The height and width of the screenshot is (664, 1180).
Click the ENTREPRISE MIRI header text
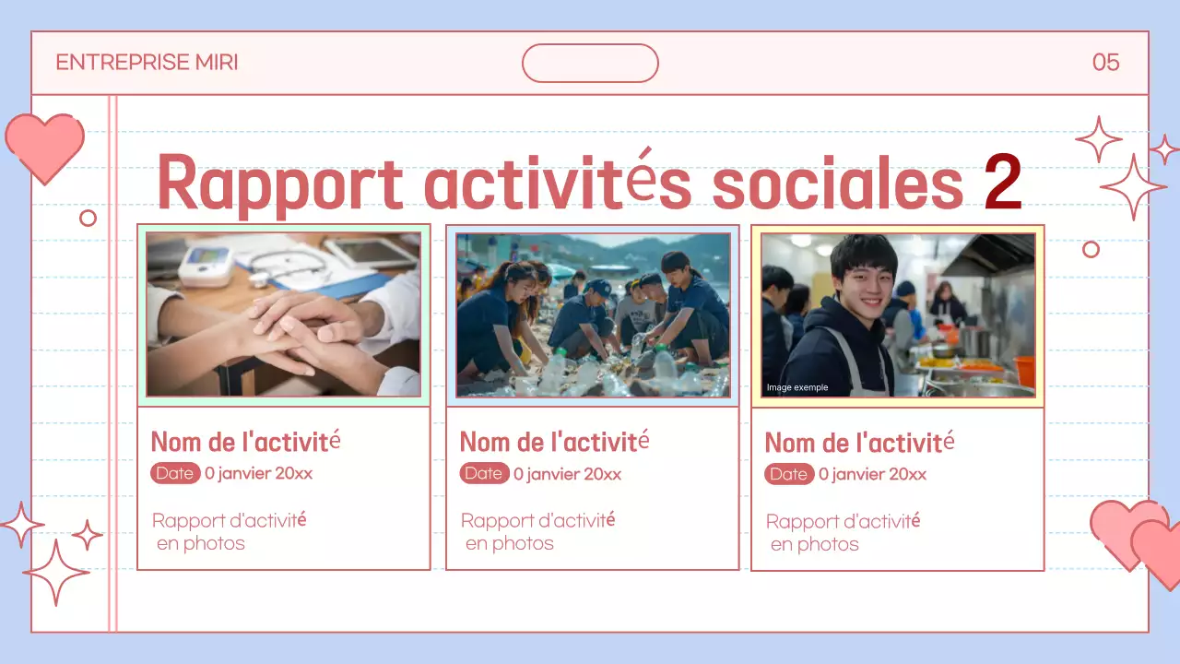click(147, 63)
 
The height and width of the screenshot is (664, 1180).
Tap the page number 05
click(1105, 63)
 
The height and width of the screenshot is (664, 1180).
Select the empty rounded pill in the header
click(590, 63)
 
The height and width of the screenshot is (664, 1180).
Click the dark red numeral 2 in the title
click(1003, 183)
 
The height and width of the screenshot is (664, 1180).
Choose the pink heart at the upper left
click(44, 146)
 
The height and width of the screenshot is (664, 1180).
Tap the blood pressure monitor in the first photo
click(206, 266)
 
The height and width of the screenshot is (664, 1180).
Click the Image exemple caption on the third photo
click(797, 387)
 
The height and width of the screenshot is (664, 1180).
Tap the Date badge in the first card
click(175, 473)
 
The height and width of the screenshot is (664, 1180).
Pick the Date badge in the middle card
click(484, 473)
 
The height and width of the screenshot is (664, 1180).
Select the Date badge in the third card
click(789, 474)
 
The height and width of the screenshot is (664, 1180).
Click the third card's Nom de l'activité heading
click(859, 443)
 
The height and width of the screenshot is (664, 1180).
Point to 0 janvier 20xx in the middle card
click(567, 474)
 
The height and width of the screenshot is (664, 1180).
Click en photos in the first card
click(201, 543)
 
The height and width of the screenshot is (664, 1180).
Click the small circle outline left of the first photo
click(88, 218)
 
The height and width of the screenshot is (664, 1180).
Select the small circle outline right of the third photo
click(1091, 249)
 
